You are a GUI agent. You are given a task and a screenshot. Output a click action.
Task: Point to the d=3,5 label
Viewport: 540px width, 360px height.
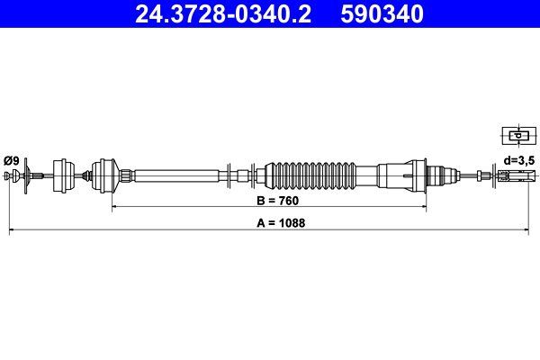(x=519, y=160)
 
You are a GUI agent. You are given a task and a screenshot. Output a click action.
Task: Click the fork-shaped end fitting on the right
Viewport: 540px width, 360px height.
(x=511, y=175)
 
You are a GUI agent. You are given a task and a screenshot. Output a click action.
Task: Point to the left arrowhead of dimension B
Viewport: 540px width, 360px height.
(x=114, y=207)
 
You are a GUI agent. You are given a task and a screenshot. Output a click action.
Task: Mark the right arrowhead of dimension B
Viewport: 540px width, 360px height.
(x=424, y=207)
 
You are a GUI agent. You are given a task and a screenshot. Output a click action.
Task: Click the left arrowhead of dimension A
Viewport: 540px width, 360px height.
(x=12, y=230)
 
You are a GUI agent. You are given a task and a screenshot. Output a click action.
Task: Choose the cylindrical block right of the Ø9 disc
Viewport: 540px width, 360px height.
(x=64, y=175)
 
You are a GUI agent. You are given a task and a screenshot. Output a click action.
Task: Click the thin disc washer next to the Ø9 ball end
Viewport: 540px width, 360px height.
(x=27, y=175)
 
